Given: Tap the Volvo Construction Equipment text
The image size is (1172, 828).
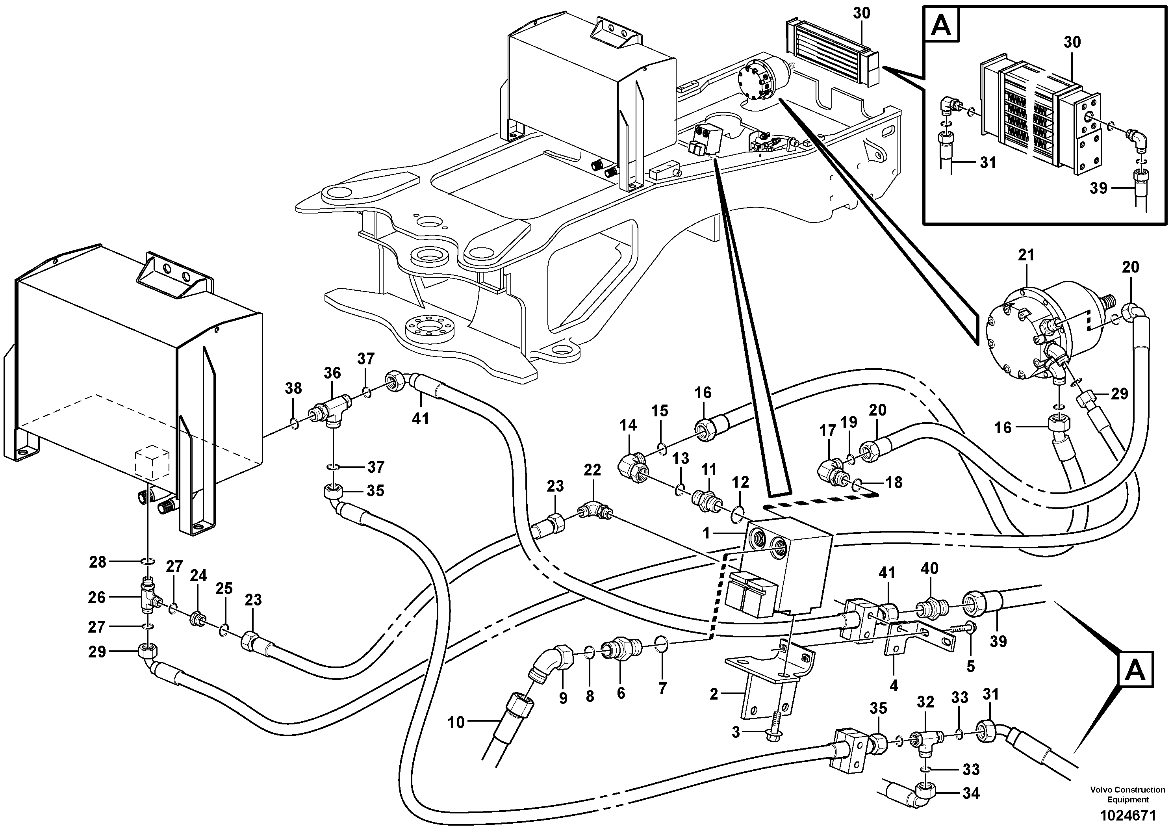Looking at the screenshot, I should point(1128,794).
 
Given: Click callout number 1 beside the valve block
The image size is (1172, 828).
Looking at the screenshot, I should point(707,533).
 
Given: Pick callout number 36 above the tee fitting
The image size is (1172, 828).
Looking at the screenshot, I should point(332,373).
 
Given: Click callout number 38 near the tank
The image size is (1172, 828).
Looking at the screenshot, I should point(293,388).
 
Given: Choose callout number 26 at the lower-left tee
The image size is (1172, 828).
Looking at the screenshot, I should point(96,597).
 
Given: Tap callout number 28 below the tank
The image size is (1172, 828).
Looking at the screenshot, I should point(98,562).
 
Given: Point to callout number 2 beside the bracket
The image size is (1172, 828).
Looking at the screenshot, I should point(714,693).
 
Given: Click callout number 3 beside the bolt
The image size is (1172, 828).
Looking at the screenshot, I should point(736,733).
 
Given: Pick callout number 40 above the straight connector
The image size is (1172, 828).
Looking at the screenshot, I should point(929,568).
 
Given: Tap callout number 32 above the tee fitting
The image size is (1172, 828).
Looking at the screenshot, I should point(925,702).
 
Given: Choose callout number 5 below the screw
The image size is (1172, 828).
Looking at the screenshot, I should point(970,666).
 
